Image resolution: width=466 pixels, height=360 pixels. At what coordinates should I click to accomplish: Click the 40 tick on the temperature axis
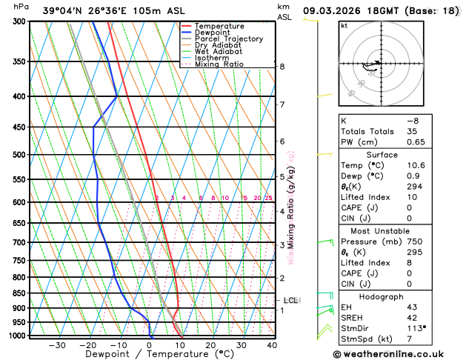tap(272, 345)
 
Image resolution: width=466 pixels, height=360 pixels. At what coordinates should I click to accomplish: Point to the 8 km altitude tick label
tap(282, 67)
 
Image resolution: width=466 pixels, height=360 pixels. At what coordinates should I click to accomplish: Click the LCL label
tap(291, 300)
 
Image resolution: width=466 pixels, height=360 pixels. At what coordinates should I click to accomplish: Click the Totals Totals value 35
tap(413, 131)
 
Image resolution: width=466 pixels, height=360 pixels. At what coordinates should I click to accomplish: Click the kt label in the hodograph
tap(344, 26)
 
